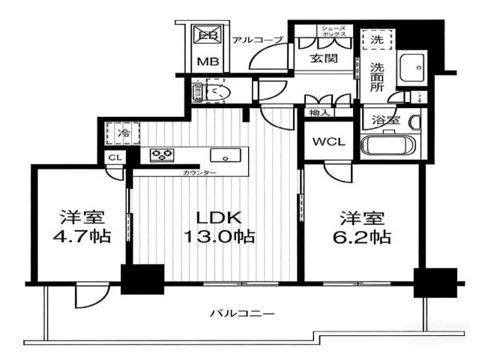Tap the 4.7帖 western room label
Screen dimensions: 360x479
pyautogui.click(x=85, y=228)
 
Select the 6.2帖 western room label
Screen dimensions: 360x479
pyautogui.click(x=364, y=228)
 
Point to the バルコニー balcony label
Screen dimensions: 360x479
pyautogui.click(x=241, y=313)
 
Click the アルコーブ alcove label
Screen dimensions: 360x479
pyautogui.click(x=257, y=39)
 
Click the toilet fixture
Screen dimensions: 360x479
pyautogui.click(x=213, y=93)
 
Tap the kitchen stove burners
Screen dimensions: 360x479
pyautogui.click(x=162, y=156)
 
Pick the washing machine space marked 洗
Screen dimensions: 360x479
pyautogui.click(x=376, y=40)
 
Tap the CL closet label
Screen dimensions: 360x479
pyautogui.click(x=114, y=157)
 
